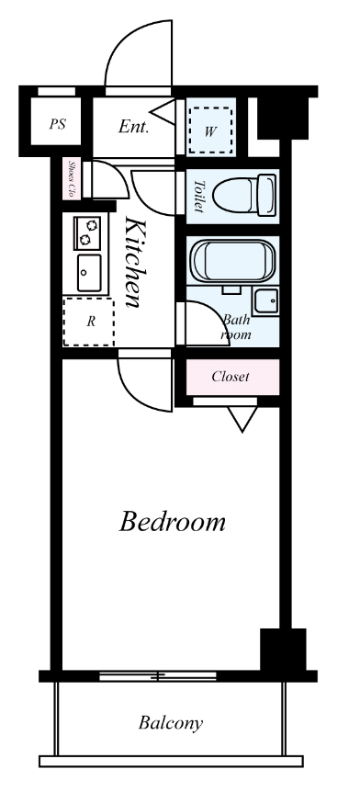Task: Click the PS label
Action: (58, 124)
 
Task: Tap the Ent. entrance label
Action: (134, 126)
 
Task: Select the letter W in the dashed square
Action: (210, 132)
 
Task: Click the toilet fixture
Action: (244, 195)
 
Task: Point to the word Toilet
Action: (199, 196)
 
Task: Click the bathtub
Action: (232, 261)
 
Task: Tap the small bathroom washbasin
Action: (265, 301)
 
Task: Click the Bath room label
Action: (236, 326)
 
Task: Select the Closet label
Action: (231, 377)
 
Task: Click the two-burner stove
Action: (87, 232)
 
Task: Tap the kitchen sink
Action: (89, 273)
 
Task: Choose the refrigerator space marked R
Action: (89, 322)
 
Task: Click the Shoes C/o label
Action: (72, 179)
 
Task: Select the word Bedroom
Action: (172, 522)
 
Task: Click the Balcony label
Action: (171, 723)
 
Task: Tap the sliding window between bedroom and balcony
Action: (158, 676)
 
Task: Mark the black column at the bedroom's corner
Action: (283, 649)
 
